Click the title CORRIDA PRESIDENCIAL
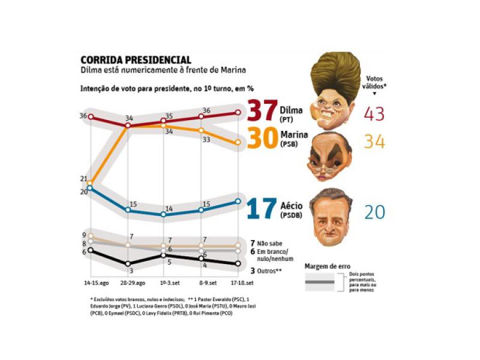(136, 60)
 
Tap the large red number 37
(262, 112)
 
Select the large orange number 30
(262, 140)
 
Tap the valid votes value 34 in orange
(375, 142)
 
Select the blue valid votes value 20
(375, 212)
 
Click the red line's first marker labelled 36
(91, 117)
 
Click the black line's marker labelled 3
(127, 264)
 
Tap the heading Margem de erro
(328, 266)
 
